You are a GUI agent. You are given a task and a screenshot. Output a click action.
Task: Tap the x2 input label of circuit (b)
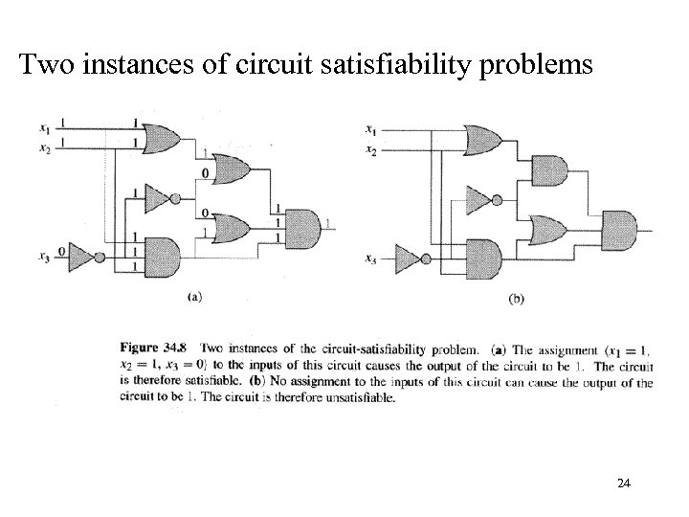(x=370, y=151)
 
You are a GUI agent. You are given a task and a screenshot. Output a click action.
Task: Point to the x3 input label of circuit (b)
(x=370, y=258)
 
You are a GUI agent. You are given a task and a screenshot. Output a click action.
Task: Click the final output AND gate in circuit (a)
(x=304, y=224)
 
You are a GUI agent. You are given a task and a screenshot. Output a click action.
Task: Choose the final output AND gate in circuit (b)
(x=619, y=229)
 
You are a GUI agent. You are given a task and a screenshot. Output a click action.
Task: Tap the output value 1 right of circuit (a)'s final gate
(x=330, y=223)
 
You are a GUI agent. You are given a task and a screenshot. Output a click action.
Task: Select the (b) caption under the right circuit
(x=515, y=298)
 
